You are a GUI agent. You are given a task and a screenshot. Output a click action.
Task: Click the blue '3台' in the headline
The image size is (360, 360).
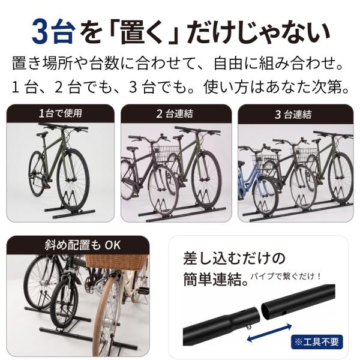53,32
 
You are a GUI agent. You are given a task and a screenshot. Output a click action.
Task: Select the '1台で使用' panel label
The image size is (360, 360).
61,113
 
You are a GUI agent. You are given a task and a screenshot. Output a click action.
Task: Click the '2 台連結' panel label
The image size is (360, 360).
175,114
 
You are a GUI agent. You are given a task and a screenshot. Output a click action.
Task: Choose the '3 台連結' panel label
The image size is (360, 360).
293,115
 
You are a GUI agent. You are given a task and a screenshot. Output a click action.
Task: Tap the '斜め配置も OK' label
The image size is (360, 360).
82,245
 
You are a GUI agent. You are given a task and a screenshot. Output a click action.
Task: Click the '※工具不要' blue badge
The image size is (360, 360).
317,342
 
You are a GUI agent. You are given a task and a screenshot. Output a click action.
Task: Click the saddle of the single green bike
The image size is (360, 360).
42,134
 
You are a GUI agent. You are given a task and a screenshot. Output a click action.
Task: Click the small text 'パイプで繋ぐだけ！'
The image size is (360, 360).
286,276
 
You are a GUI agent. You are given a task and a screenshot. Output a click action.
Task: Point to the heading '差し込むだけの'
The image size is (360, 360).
234,258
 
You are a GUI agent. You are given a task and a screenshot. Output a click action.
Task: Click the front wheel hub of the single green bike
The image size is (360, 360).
71,179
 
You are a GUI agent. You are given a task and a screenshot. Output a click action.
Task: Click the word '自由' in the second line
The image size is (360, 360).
228,64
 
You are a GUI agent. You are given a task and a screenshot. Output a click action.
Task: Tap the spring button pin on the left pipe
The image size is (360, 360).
249,328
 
